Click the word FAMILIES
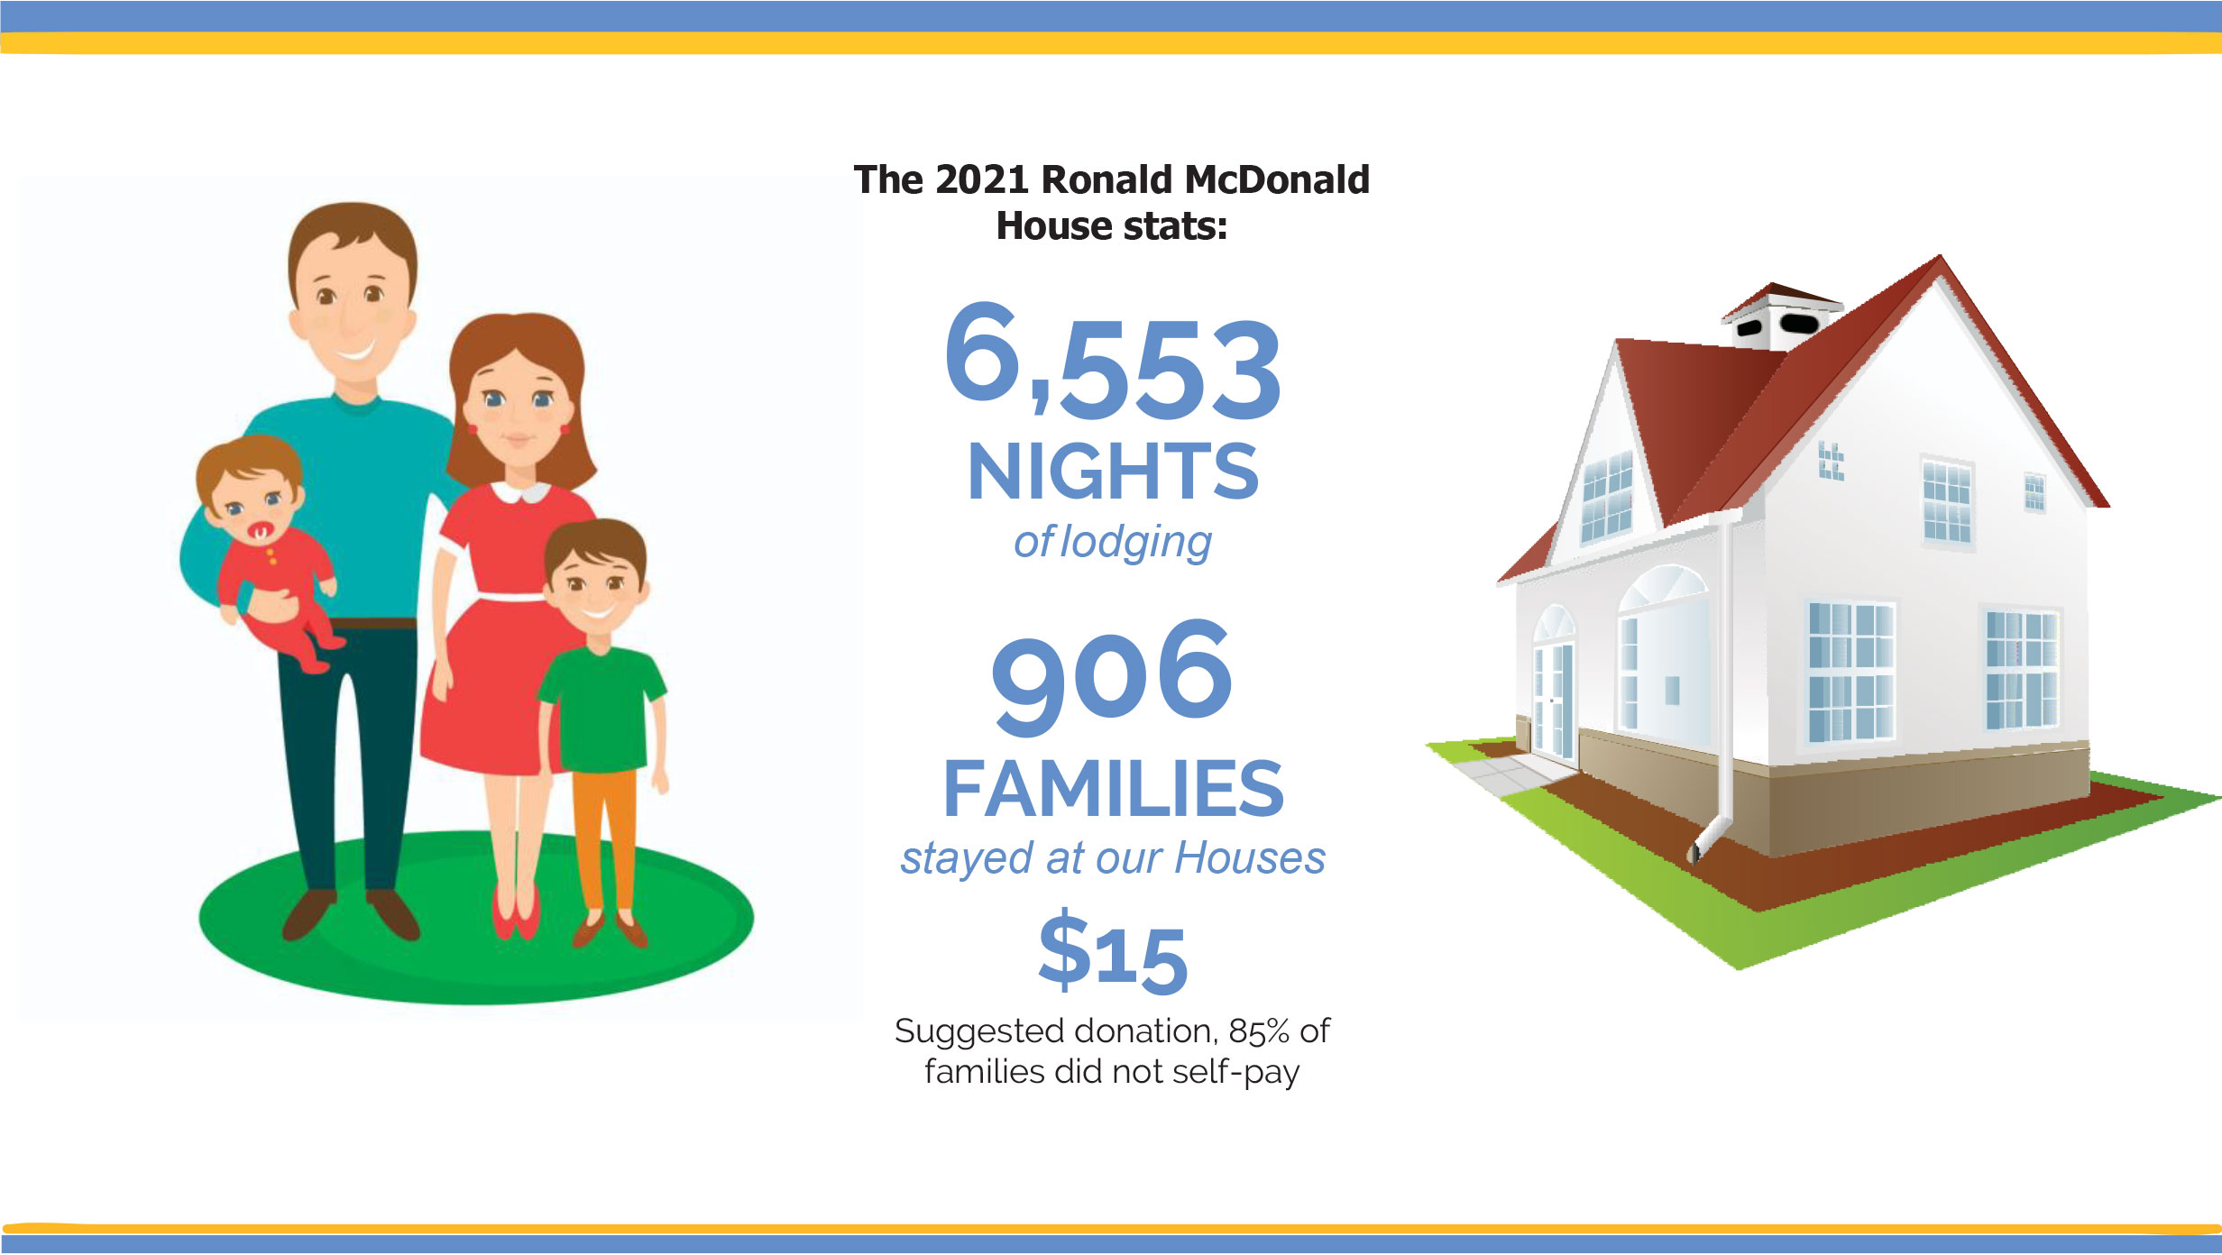coord(1114,789)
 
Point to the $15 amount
coord(1113,951)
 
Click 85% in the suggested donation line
coord(1259,1031)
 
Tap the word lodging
coord(1135,543)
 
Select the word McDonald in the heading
coord(1277,179)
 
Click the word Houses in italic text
coord(1250,857)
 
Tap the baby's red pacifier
coord(260,534)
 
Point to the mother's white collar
coord(520,492)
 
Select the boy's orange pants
coord(605,838)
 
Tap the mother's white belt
coord(510,596)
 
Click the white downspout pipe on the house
coord(1724,685)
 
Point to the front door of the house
coord(1554,699)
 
